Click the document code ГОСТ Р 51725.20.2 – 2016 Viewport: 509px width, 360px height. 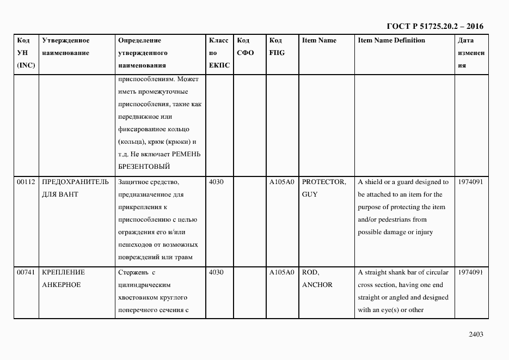434,26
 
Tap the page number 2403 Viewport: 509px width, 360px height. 475,334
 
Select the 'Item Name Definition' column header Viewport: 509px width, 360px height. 391,40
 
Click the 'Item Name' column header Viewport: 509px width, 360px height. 319,40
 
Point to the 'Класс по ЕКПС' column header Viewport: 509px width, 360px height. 219,53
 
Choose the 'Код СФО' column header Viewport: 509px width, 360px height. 246,47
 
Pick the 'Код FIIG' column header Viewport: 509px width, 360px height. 277,47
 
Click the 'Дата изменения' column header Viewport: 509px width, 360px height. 471,53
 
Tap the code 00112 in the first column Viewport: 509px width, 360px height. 26,182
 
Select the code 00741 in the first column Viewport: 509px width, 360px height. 26,272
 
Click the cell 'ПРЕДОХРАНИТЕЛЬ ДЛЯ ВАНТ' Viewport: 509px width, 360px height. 75,188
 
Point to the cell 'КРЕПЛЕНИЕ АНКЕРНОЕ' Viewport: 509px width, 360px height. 63,278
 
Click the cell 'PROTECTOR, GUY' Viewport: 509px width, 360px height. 323,188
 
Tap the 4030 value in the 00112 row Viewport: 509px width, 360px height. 216,182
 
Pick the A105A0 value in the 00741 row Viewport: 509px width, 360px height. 281,272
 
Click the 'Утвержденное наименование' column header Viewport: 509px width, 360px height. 65,47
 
